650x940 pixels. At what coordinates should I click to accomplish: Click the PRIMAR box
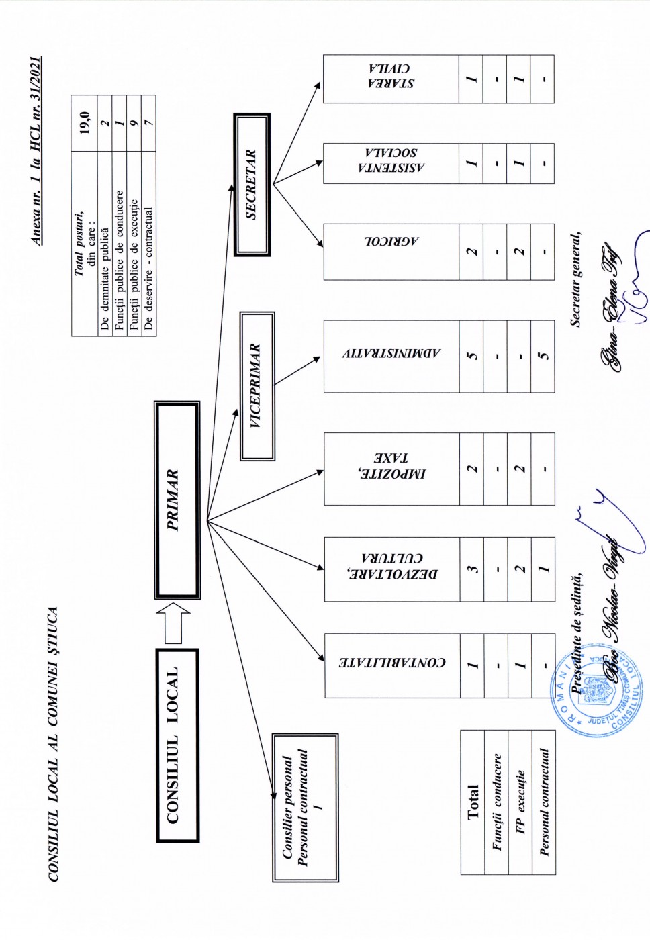(177, 500)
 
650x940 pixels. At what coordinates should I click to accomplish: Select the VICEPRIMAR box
(257, 386)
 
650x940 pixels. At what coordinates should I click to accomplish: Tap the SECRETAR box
(252, 185)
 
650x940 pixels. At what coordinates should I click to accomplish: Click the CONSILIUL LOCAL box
(177, 745)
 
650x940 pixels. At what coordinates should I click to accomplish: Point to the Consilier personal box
(305, 807)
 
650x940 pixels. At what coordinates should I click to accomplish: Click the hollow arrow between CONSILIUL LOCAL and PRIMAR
(173, 622)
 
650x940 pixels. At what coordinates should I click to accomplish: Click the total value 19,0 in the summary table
(85, 123)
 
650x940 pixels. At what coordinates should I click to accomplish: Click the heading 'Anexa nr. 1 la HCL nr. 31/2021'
(36, 151)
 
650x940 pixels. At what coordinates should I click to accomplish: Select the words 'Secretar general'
(576, 279)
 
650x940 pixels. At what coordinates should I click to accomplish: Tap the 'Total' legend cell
(473, 802)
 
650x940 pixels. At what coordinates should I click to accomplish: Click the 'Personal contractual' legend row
(544, 802)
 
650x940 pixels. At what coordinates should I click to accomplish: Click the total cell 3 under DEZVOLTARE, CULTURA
(472, 568)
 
